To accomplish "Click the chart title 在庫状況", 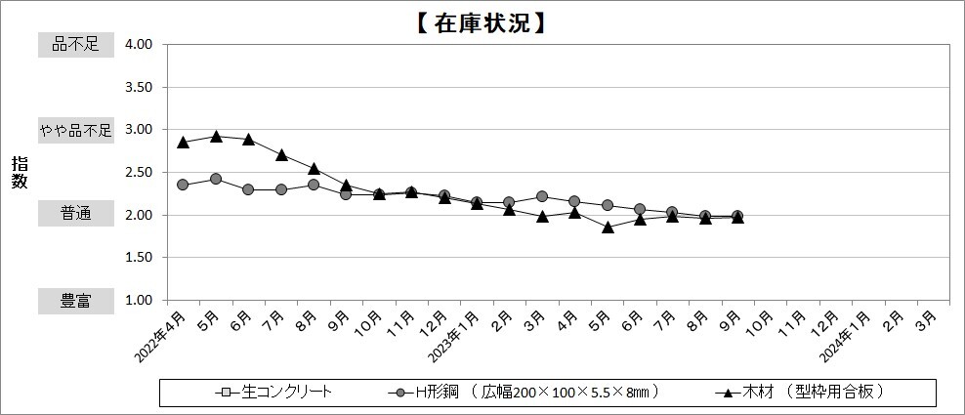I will (x=482, y=21).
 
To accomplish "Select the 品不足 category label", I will (x=76, y=44).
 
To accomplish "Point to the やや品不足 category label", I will (x=76, y=129).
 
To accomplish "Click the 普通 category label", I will (x=76, y=214).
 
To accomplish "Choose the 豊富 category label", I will (x=76, y=301).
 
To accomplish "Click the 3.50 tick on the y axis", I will (x=139, y=87).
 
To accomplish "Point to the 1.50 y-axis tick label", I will (x=139, y=258).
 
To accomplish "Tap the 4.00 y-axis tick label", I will (x=139, y=45).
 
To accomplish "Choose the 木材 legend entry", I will (x=801, y=393).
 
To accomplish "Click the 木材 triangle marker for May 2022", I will (x=216, y=136).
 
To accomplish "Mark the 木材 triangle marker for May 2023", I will (x=608, y=227).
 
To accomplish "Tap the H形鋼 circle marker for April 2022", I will (x=183, y=185).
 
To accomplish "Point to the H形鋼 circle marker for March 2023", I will (x=542, y=196).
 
